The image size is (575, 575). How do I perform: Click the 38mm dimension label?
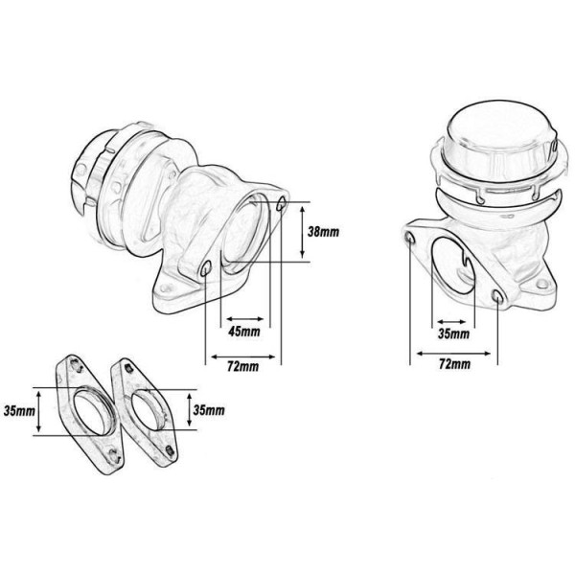coord(323,232)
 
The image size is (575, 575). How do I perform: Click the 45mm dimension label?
coord(243,332)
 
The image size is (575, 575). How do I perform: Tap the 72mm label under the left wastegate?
coord(242,366)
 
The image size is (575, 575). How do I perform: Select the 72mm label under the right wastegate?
coord(454,364)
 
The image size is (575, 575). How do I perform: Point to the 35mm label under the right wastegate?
coord(454,333)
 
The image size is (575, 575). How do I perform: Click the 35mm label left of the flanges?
coord(19,411)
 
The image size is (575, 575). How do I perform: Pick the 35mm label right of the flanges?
coord(209,410)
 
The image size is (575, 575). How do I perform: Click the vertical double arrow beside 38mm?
coord(302,232)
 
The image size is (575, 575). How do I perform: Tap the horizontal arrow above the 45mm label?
coord(245,319)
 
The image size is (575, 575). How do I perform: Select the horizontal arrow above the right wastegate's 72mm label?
coord(453,354)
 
